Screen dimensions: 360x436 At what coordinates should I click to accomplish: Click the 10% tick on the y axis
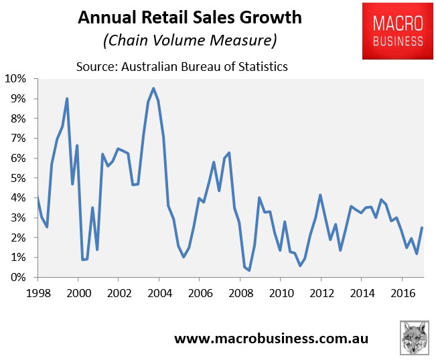[x=16, y=79]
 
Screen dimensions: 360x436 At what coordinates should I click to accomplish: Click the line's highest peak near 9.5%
[x=153, y=88]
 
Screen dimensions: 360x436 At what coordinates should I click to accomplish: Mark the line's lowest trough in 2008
[x=249, y=270]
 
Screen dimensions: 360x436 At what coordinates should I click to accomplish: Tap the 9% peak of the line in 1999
[x=67, y=99]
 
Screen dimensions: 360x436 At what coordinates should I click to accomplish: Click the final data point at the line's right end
[x=422, y=228]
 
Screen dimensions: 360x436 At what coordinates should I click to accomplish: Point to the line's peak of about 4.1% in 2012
[x=321, y=195]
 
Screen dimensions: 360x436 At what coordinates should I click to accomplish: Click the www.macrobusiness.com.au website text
[x=271, y=339]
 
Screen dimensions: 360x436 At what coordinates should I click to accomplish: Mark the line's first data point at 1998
[x=38, y=196]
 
